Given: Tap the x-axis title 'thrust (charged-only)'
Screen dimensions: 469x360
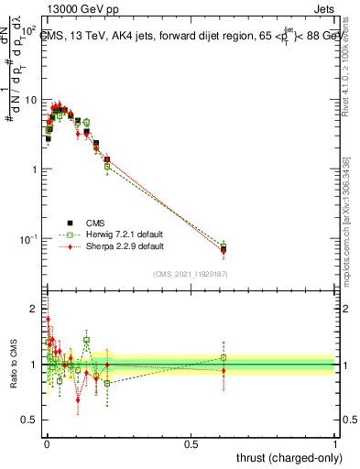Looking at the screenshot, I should click(283, 455).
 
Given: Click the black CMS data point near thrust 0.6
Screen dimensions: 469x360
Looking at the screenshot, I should click(224, 249).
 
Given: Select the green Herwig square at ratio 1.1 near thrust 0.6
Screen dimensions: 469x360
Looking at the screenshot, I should click(224, 357).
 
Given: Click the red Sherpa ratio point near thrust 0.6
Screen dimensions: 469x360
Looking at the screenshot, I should click(224, 371).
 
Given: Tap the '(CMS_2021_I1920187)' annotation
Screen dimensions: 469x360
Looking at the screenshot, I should click(190, 274).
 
